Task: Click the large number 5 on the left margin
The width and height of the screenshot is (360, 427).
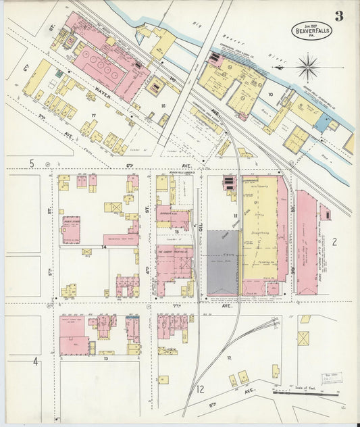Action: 31,164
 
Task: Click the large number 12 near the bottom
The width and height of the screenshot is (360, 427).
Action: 200,389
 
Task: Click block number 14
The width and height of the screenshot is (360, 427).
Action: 103,247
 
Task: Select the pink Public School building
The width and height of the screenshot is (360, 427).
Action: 71,229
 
